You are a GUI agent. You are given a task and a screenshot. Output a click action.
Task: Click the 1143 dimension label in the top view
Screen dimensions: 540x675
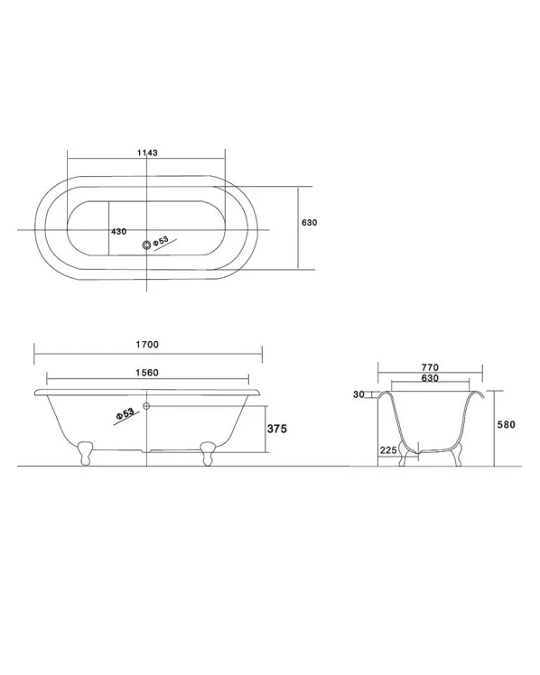pyautogui.click(x=147, y=153)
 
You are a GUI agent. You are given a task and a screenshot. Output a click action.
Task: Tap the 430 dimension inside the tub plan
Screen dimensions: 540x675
pyautogui.click(x=119, y=232)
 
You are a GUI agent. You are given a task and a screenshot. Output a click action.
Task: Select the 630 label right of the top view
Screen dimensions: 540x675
pyautogui.click(x=310, y=223)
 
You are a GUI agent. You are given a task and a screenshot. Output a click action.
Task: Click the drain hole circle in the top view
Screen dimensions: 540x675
pyautogui.click(x=147, y=245)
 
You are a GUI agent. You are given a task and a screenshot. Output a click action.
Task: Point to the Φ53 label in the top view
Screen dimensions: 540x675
pyautogui.click(x=161, y=241)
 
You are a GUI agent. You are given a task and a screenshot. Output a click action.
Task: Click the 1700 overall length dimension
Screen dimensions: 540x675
pyautogui.click(x=147, y=345)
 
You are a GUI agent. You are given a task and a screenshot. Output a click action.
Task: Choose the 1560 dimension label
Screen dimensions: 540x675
pyautogui.click(x=147, y=373)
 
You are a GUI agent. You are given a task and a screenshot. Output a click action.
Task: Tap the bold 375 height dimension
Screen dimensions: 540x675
pyautogui.click(x=277, y=429)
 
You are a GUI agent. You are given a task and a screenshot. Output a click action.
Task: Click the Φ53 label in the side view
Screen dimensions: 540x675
pyautogui.click(x=125, y=414)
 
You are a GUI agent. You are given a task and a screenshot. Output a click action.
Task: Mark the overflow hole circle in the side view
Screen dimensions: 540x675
pyautogui.click(x=146, y=405)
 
